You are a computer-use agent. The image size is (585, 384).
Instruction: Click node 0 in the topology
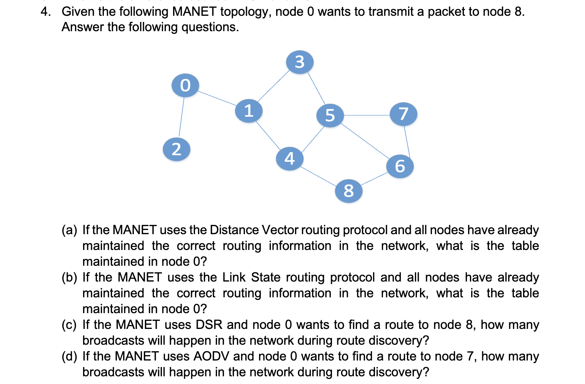185,85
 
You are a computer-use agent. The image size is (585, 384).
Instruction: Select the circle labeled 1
249,111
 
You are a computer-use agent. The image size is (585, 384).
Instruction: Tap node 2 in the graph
177,149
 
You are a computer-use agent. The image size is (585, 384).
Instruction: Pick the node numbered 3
300,62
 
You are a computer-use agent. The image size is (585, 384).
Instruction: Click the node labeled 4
290,158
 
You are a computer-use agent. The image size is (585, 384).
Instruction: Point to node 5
330,115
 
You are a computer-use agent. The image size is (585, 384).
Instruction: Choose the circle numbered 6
400,166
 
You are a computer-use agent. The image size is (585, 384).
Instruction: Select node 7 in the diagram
403,114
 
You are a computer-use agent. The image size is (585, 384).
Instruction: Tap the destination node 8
348,191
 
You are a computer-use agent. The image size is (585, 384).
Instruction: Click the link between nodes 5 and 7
367,115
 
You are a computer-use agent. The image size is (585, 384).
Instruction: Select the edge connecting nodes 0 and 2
181,117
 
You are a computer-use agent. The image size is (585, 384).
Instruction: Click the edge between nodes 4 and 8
319,174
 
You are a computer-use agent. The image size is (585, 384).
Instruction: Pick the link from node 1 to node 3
274,86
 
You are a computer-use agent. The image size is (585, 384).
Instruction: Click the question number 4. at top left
46,12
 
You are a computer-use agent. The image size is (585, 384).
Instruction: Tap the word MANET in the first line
194,12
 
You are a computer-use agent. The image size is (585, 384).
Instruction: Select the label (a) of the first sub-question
69,230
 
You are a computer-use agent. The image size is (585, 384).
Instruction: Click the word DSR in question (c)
209,325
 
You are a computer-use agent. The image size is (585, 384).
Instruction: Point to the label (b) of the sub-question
69,277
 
